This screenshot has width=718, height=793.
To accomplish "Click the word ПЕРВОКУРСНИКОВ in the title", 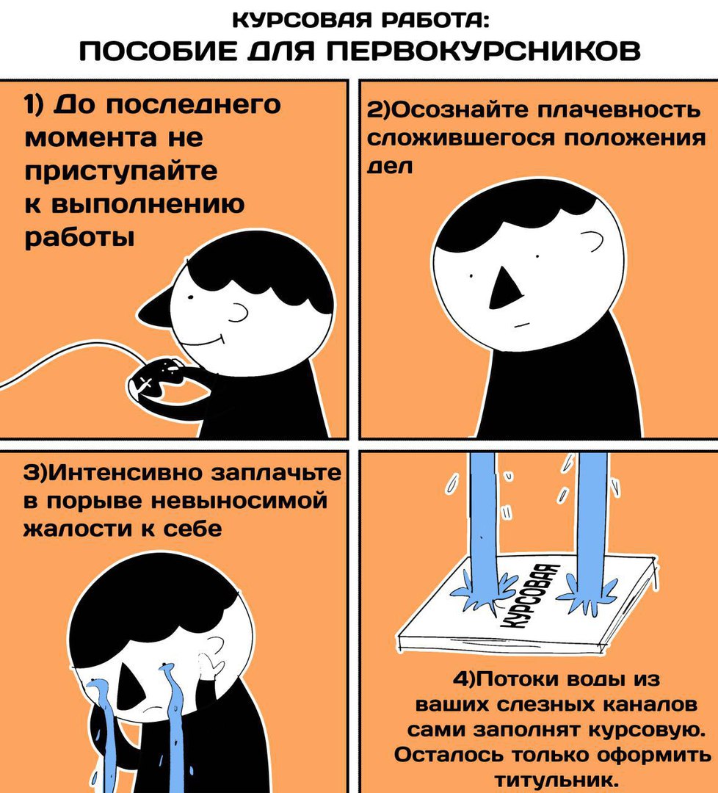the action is [484, 51].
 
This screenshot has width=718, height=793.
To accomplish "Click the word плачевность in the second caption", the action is [618, 109].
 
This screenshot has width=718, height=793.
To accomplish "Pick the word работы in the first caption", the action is [80, 238].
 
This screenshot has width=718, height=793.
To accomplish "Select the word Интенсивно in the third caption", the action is [125, 473].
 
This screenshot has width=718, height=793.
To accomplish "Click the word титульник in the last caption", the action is [556, 781].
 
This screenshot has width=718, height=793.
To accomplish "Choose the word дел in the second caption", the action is [389, 167].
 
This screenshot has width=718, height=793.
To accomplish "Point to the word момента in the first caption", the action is [92, 138].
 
